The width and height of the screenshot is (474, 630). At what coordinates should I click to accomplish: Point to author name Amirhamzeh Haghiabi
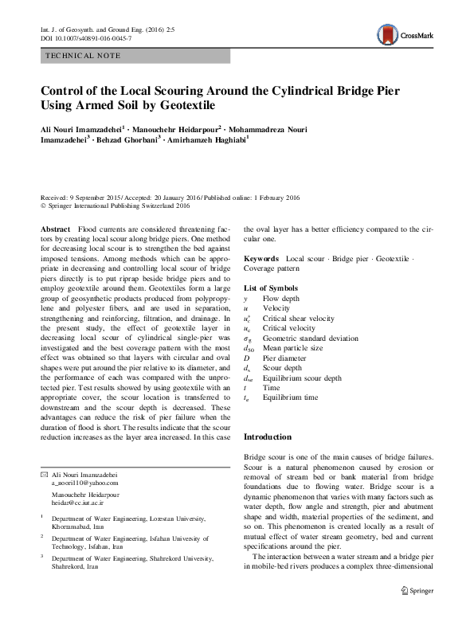[209, 139]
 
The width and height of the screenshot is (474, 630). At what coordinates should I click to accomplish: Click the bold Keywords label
[261, 260]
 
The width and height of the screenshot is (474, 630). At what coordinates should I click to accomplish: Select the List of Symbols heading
[272, 287]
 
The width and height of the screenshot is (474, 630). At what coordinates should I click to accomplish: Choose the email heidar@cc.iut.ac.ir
[79, 503]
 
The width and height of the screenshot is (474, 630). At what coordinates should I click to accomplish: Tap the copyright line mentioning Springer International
[115, 205]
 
